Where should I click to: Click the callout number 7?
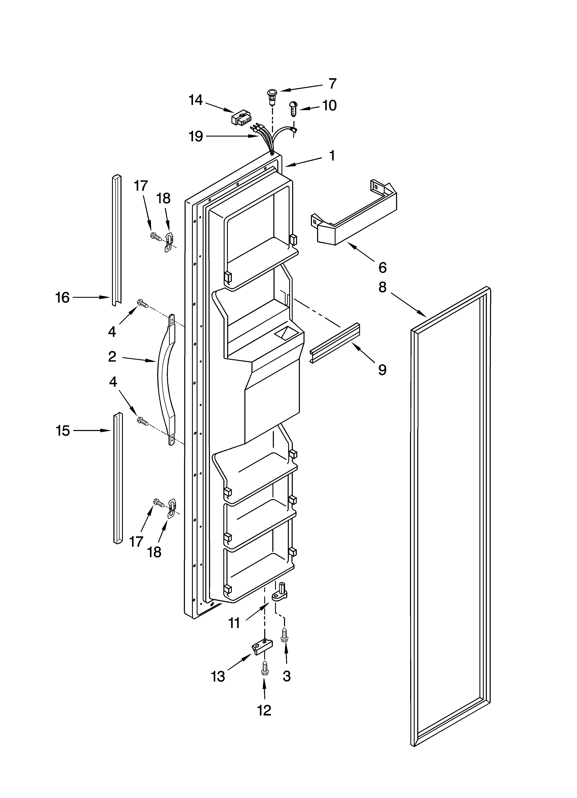click(332, 84)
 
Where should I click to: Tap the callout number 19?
click(196, 136)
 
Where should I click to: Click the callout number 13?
click(218, 676)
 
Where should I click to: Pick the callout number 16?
click(63, 298)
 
